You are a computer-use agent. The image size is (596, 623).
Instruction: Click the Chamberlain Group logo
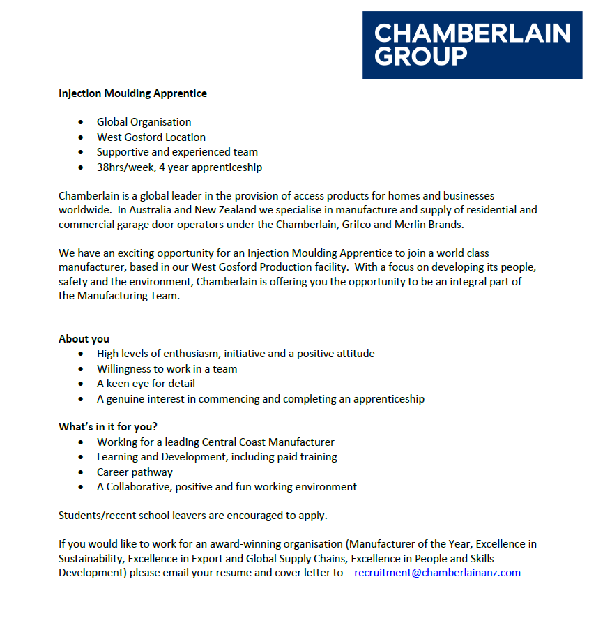471,44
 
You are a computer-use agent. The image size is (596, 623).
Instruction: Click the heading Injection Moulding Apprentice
132,93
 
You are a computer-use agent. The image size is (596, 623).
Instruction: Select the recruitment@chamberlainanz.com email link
437,573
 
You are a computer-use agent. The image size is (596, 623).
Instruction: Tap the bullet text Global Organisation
144,122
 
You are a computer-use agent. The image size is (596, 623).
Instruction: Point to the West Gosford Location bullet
151,137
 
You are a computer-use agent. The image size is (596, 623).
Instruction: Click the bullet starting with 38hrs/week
179,167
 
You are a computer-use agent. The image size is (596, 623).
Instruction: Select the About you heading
84,339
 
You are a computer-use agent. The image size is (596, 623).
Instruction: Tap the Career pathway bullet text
135,472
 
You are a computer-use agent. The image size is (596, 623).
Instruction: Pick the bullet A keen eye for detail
146,384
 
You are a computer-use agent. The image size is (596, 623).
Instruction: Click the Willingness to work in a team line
167,369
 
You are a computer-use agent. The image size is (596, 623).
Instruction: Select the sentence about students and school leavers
192,516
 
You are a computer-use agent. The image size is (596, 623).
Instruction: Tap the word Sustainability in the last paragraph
91,558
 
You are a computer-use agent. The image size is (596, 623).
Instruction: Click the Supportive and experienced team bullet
177,152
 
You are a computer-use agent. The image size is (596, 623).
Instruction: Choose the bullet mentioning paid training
217,457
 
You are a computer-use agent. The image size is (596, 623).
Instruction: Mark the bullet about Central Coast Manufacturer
215,442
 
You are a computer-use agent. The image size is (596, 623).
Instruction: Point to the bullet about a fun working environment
227,487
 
